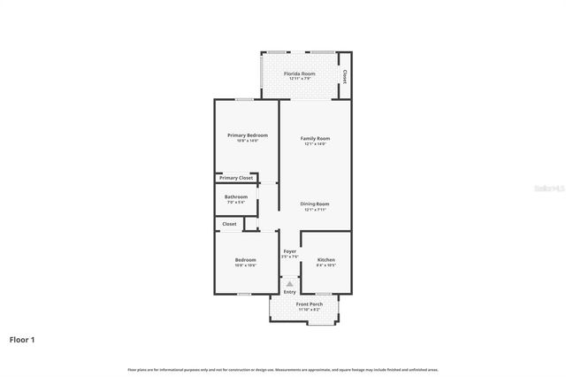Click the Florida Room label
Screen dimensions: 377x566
[299, 73]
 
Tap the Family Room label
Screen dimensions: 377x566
[315, 138]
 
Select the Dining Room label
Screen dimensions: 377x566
[315, 204]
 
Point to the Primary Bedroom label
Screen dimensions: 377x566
[247, 135]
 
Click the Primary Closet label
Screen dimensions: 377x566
[236, 178]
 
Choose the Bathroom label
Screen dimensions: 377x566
[236, 196]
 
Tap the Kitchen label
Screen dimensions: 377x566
[325, 259]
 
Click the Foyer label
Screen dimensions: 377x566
[289, 251]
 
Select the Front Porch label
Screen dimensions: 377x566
[310, 304]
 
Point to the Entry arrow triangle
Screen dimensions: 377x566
[289, 283]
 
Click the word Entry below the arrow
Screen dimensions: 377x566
[289, 292]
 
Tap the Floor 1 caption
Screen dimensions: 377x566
[23, 339]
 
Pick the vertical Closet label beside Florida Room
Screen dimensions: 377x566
[344, 77]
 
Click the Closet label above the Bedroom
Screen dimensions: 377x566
[229, 224]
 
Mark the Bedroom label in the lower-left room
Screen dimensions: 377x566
[245, 259]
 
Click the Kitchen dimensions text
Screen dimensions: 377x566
[325, 265]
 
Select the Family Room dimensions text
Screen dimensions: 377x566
[315, 143]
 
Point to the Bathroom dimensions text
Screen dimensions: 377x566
[236, 202]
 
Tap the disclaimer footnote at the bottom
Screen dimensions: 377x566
[283, 369]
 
